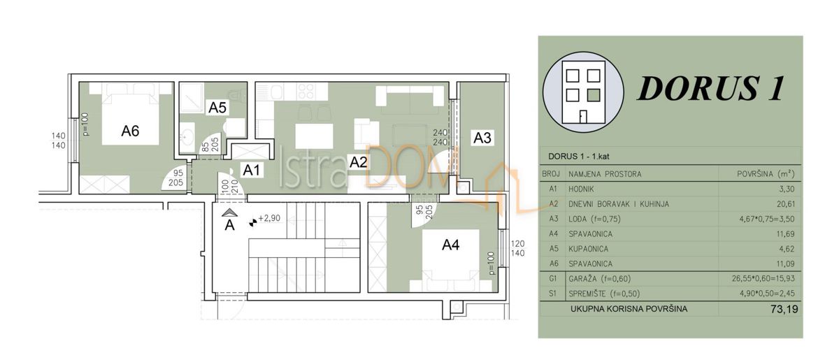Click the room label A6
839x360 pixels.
point(130,130)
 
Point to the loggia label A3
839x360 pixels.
point(482,138)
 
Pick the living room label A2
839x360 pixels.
point(359,163)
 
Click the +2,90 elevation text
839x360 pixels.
point(269,219)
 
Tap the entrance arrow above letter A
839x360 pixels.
point(229,212)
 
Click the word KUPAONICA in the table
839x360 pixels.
point(591,249)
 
